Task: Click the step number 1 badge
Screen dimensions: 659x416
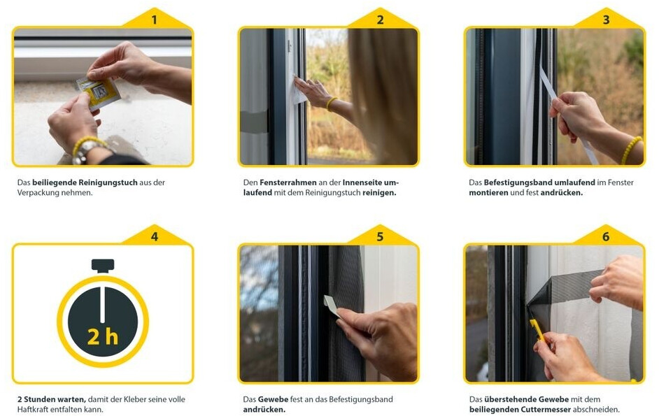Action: (154, 20)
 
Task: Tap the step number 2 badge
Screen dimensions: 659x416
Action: (380, 20)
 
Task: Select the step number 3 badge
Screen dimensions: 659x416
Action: (606, 20)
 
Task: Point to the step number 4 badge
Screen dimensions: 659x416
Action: (154, 236)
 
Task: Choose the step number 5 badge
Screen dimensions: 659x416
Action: (380, 236)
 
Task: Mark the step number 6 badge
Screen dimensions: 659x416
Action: (606, 236)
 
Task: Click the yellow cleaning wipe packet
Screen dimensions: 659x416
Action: (99, 93)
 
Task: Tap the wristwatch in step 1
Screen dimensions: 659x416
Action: (87, 151)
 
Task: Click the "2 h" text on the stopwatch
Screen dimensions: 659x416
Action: (103, 336)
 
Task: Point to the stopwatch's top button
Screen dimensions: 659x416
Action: (103, 266)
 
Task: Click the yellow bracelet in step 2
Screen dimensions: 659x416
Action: (331, 103)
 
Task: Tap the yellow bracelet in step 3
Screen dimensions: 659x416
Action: (631, 150)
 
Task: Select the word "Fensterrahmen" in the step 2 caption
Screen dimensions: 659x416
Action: (288, 182)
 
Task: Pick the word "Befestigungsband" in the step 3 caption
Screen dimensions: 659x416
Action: (518, 182)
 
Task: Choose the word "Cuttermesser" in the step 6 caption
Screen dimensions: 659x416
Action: (546, 409)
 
